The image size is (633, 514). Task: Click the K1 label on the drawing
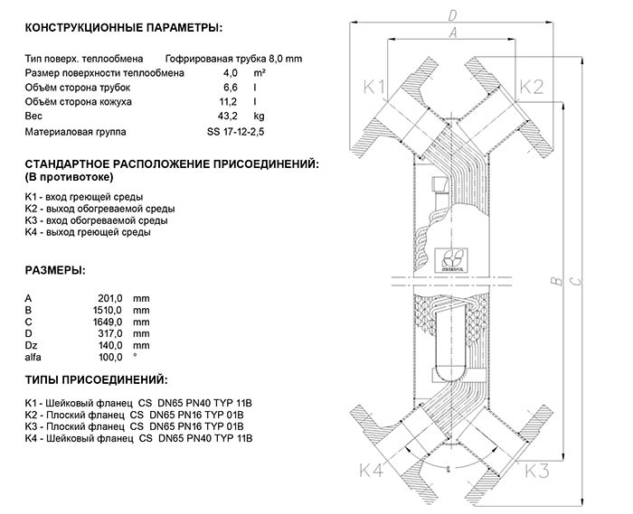pos(374,88)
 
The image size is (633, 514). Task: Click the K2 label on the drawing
pos(532,87)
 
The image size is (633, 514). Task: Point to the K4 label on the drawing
pos(372,471)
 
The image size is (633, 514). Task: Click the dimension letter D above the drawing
pos(452,14)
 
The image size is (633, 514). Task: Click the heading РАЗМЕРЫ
pos(56,270)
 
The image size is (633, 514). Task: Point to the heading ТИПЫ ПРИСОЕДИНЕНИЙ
pos(96,382)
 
